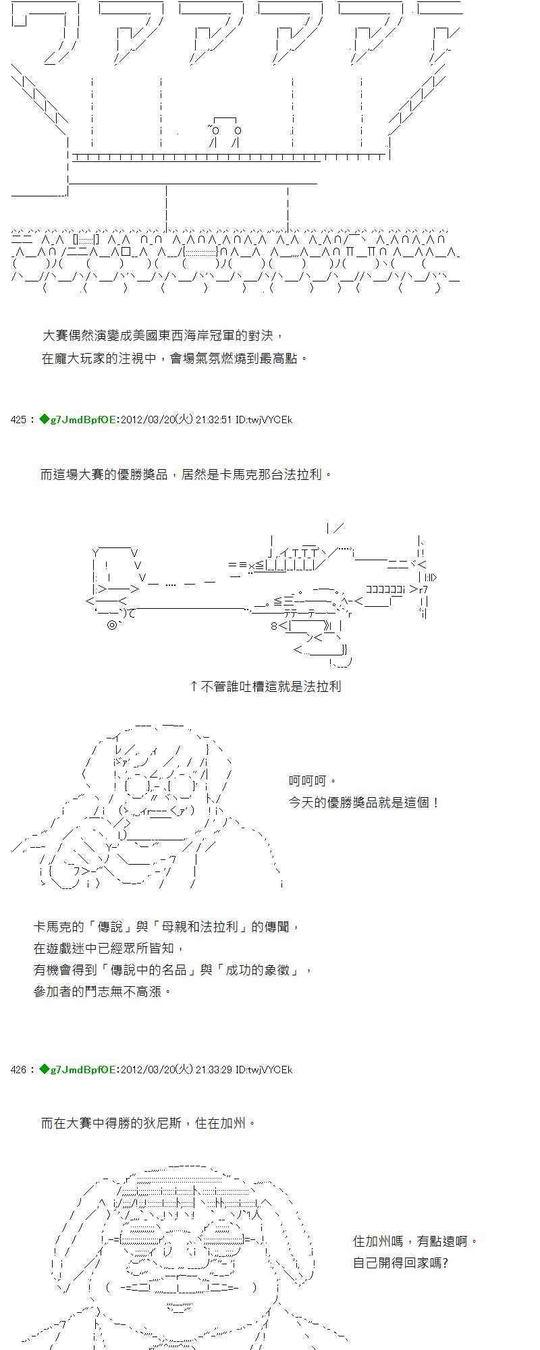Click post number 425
pos(18,420)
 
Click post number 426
pos(18,1070)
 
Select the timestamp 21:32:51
pos(214,420)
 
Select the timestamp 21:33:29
pos(214,1070)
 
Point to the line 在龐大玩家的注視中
pos(174,358)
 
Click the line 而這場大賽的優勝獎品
pos(186,475)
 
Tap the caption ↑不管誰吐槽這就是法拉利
pos(265,686)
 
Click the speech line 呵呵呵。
pos(313,781)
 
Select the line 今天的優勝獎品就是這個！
pos(364,803)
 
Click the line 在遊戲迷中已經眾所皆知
pos(108,948)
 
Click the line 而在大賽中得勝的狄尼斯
pos(148,1123)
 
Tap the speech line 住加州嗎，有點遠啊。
pos(415,1241)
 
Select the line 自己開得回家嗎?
pos(400,1262)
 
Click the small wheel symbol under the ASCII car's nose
pos(112,625)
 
